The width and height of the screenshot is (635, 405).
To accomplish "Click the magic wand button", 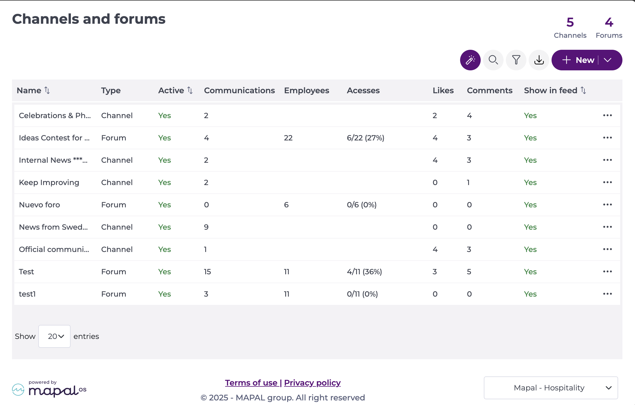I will [470, 60].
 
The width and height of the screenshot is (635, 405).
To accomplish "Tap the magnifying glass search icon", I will [493, 60].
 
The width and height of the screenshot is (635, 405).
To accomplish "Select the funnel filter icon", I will [516, 60].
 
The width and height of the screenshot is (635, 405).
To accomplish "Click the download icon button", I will [539, 60].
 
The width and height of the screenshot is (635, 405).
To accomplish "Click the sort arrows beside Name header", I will [47, 90].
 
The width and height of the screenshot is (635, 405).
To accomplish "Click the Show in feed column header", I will [550, 90].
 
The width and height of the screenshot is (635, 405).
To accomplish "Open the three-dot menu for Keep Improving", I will [607, 182].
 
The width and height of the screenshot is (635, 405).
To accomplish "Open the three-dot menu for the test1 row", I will [607, 294].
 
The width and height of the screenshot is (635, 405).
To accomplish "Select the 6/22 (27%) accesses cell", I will [366, 138].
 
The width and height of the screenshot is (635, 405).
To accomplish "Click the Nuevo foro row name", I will [39, 205].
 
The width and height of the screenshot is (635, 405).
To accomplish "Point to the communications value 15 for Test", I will [207, 272].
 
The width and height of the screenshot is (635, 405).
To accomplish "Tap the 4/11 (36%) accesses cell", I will [364, 272].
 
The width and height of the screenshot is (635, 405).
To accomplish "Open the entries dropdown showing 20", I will [55, 336].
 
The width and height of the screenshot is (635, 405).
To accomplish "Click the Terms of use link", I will [251, 383].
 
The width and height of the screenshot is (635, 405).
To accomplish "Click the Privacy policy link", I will [312, 383].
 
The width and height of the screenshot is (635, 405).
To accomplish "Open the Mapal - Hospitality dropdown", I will [551, 388].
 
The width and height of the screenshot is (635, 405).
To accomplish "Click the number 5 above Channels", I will [570, 22].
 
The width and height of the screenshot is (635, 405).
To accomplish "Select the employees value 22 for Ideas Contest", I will [288, 138].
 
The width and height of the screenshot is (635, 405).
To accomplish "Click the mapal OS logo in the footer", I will [49, 389].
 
